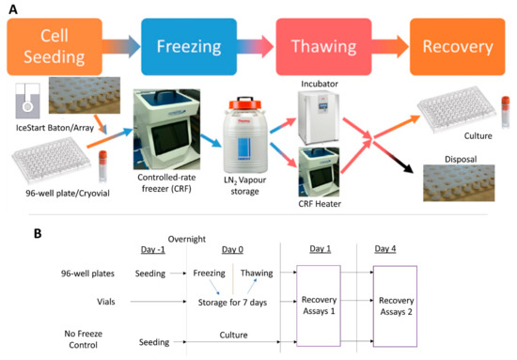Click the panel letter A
coord(10,8)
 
